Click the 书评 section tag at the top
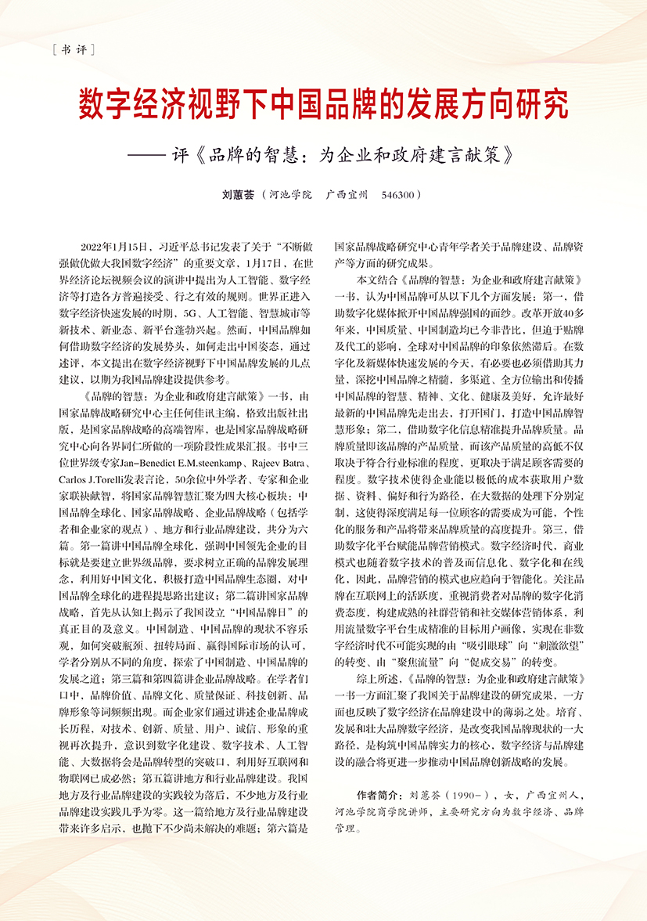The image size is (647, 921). [71, 51]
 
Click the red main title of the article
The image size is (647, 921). [323, 103]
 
